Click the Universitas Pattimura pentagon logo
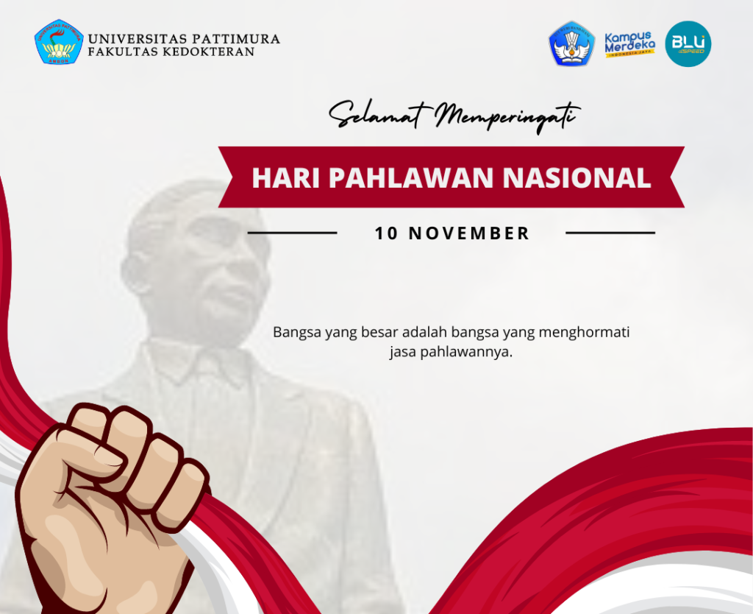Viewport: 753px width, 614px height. [x=59, y=42]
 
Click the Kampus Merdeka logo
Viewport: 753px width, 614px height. [x=629, y=44]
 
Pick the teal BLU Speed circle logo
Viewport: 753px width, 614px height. [x=688, y=43]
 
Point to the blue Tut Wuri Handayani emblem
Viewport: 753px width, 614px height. [x=571, y=43]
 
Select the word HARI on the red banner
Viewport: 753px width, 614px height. [x=286, y=177]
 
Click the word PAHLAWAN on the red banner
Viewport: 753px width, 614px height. [x=411, y=177]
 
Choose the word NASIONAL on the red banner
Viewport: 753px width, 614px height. [x=577, y=177]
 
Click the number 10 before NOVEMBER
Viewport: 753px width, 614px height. [x=387, y=233]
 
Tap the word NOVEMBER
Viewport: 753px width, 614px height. [x=468, y=233]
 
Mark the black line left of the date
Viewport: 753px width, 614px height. [x=293, y=233]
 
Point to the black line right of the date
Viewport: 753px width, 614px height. [x=610, y=233]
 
